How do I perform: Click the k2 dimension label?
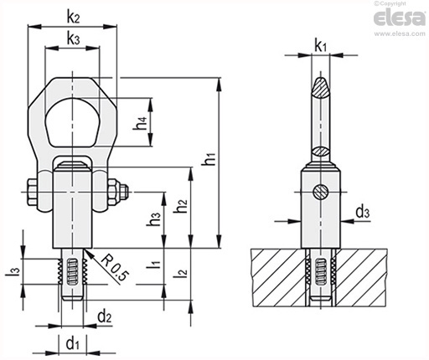[x=73, y=18]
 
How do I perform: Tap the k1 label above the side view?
[x=320, y=46]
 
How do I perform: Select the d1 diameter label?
[x=73, y=343]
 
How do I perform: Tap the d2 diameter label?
[x=105, y=317]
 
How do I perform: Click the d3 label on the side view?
[x=363, y=212]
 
